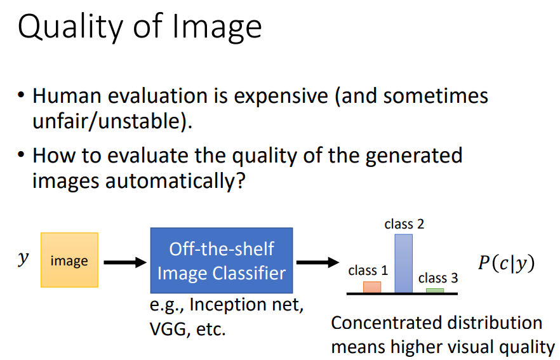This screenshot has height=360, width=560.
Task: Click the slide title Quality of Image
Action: pyautogui.click(x=140, y=27)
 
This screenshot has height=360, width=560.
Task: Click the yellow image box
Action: pyautogui.click(x=69, y=261)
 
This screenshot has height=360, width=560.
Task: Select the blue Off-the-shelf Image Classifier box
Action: pyautogui.click(x=221, y=261)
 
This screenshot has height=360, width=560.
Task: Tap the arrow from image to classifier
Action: pyautogui.click(x=124, y=261)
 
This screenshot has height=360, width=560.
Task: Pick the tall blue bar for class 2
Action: pyautogui.click(x=404, y=263)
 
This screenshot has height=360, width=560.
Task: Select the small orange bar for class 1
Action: pyautogui.click(x=372, y=287)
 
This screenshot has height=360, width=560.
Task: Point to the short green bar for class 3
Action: pyautogui.click(x=435, y=290)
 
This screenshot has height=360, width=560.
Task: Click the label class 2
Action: pyautogui.click(x=404, y=224)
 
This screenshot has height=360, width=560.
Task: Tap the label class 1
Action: pyautogui.click(x=368, y=270)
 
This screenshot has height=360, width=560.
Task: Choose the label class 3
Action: pyautogui.click(x=438, y=278)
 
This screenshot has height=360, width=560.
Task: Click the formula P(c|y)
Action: pyautogui.click(x=505, y=263)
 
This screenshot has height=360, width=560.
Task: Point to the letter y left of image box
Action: pyautogui.click(x=23, y=260)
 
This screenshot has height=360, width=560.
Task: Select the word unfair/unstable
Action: pyautogui.click(x=111, y=121)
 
